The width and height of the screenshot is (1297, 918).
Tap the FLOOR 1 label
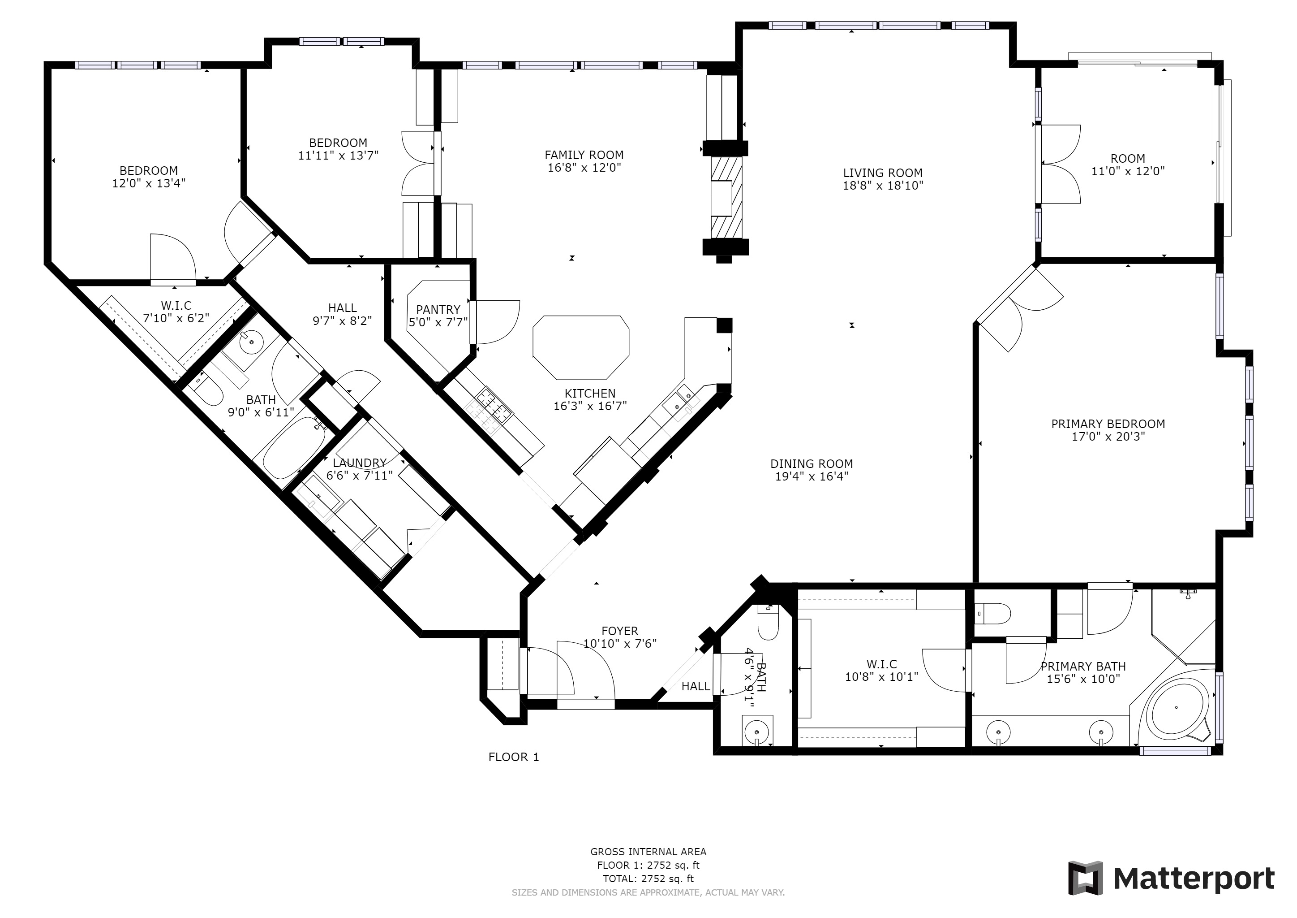[514, 757]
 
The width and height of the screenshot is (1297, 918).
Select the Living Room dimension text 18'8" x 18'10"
[883, 186]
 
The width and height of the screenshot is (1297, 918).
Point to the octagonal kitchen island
[581, 348]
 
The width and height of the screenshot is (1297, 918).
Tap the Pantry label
[438, 309]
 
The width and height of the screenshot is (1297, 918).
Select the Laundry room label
[359, 463]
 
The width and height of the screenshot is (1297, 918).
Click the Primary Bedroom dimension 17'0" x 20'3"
[1108, 437]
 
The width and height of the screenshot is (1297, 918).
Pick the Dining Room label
[812, 463]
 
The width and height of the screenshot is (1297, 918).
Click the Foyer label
[620, 631]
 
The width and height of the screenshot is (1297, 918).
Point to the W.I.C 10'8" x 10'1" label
[882, 671]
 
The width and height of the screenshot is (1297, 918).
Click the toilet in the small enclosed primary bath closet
[993, 613]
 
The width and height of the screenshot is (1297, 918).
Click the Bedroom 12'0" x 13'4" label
[149, 176]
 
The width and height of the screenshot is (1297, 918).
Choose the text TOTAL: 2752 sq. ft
[648, 879]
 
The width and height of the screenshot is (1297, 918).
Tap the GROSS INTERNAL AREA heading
[648, 852]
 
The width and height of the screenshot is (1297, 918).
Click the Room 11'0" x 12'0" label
[1128, 165]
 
